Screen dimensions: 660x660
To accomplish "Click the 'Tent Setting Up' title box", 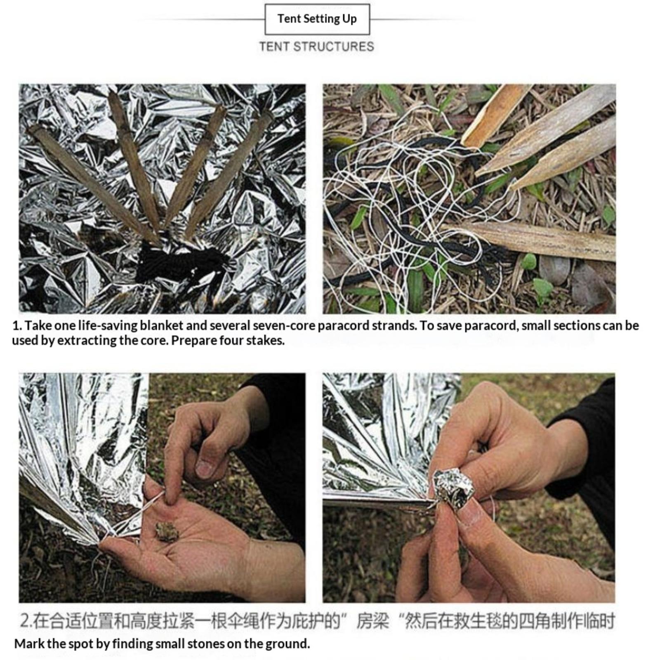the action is (x=317, y=19).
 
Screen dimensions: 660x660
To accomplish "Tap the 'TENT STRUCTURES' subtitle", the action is (x=317, y=46).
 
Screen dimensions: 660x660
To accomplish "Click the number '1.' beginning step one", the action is (x=17, y=325).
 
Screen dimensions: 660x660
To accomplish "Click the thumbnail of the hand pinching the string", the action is (x=162, y=488).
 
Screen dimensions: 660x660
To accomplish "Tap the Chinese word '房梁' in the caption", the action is (x=373, y=621).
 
